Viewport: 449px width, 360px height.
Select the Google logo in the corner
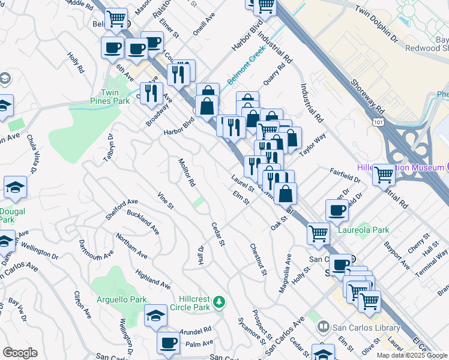pos(20,352)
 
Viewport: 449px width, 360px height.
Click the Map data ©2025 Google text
pos(412,355)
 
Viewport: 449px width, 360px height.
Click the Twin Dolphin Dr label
pos(376,25)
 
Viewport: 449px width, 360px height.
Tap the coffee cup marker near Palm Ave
pos(168,343)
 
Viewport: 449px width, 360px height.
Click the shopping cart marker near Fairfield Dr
pos(384,175)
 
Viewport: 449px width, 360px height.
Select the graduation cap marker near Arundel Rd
pos(155,316)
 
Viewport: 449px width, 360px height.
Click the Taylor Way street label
pos(312,145)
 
